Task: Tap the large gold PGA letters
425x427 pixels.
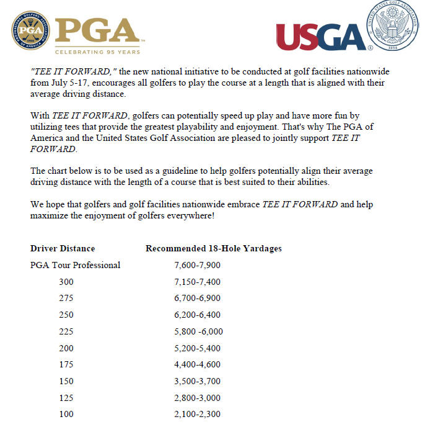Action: tap(97, 29)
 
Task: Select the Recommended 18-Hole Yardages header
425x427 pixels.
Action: tap(213, 248)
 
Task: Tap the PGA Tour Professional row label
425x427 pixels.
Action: tap(75, 265)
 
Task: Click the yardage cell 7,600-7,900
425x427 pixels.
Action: tap(198, 265)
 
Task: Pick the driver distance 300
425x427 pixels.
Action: tap(66, 282)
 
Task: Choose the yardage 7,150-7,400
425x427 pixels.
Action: tap(198, 282)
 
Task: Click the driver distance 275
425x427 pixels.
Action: tap(66, 299)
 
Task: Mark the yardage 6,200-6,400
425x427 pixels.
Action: tap(198, 315)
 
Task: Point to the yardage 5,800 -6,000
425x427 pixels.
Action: tap(199, 331)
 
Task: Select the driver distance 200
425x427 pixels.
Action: tap(66, 348)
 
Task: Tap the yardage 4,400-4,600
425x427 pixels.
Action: tap(198, 364)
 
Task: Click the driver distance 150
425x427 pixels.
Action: tap(66, 381)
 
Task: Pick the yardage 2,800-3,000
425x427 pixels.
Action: tap(198, 397)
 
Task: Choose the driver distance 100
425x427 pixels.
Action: tap(66, 414)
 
